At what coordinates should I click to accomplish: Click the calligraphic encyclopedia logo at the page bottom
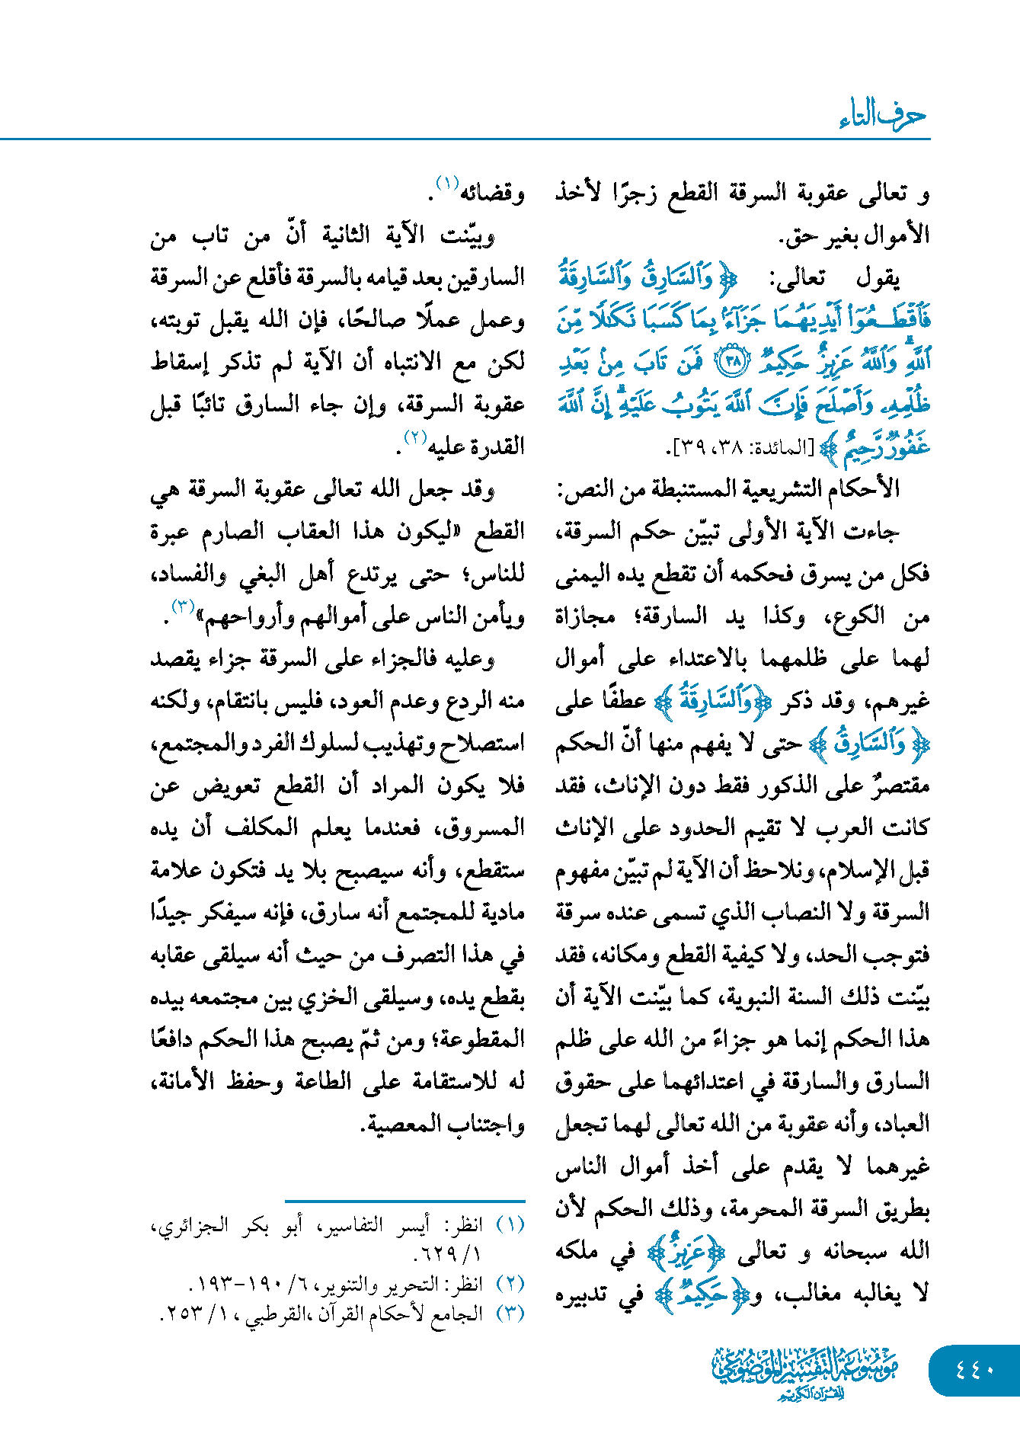click(805, 1372)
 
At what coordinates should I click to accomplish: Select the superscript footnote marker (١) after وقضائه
click(446, 184)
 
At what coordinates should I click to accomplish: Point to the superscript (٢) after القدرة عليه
click(413, 437)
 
